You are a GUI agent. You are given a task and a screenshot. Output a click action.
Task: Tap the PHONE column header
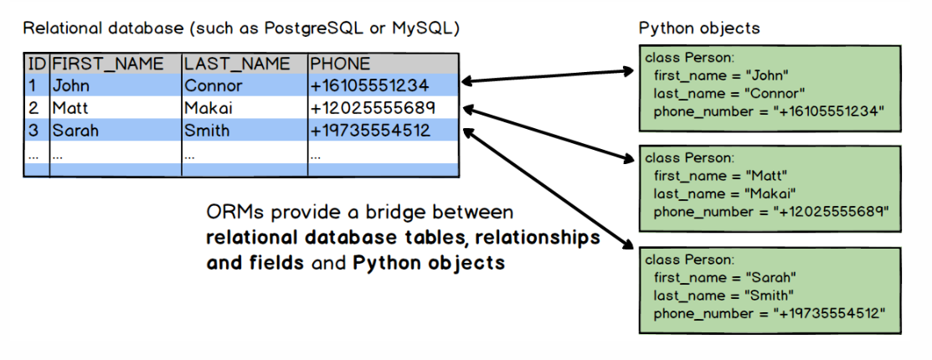340,64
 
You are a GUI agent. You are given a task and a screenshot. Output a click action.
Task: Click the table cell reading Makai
209,108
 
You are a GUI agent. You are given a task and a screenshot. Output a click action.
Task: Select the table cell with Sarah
75,131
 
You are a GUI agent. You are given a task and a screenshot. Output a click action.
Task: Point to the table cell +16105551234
369,85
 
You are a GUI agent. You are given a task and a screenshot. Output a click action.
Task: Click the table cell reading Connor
214,85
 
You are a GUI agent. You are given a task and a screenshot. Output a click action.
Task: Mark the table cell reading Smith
208,131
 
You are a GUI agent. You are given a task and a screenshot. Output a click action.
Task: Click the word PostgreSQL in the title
296,28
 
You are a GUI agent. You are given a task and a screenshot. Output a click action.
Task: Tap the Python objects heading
699,28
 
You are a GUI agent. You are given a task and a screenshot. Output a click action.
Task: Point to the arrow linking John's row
548,76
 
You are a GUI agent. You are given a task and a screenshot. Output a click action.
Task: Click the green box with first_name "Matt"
769,188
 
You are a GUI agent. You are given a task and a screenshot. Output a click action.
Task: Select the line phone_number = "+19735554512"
770,313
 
